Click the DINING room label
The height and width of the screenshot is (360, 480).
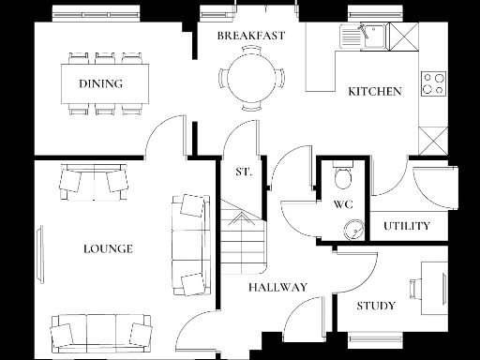click(100, 83)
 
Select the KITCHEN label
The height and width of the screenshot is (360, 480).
click(375, 92)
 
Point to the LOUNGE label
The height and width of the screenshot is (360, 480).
click(108, 249)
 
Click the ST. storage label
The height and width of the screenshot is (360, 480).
click(242, 172)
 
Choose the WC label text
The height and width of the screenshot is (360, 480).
click(342, 204)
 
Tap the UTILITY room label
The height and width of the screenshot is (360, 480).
click(407, 226)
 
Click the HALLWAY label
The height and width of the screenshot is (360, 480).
click(277, 288)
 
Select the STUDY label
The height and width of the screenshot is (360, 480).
click(375, 307)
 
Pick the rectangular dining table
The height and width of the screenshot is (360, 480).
click(105, 83)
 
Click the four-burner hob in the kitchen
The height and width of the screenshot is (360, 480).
click(433, 83)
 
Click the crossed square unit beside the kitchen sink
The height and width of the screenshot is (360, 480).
click(400, 37)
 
